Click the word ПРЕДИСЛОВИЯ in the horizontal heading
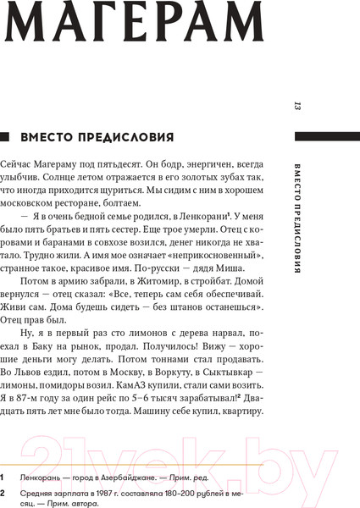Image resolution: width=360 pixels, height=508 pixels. coord(127,136)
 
